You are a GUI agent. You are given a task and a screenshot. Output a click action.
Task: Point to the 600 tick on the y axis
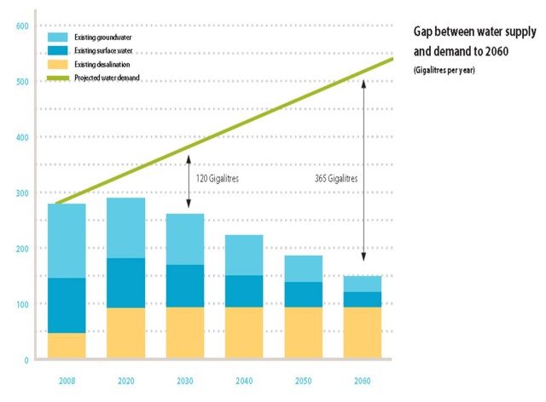tap(23, 26)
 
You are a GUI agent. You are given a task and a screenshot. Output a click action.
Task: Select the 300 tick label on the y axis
tap(23, 193)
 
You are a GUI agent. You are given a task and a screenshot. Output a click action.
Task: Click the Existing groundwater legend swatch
tap(59, 37)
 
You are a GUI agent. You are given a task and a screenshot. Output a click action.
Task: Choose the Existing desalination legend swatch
tap(59, 65)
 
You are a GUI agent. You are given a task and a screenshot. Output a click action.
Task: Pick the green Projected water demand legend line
tap(59, 78)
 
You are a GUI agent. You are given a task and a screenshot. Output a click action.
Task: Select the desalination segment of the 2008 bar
tap(66, 346)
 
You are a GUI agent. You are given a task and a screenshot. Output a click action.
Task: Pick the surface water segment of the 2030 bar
tap(185, 285)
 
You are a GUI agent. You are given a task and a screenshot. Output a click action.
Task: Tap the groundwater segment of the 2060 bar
tap(363, 284)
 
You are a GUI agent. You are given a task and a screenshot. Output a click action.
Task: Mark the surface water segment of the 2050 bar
tap(304, 294)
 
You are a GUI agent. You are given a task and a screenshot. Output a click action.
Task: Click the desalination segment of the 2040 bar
tap(244, 333)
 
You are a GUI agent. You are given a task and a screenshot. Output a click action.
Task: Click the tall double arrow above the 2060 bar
tap(363, 170)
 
